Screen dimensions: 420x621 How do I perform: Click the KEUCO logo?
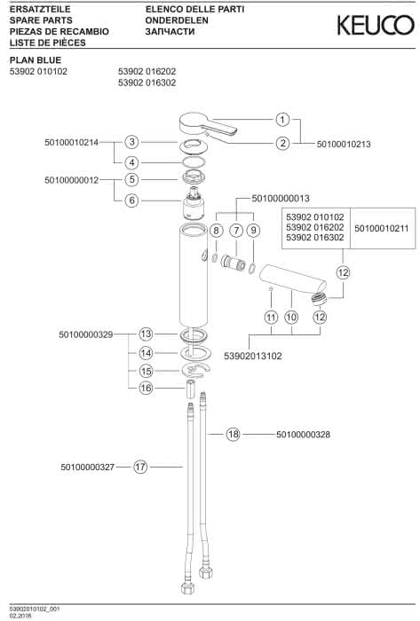coord(376,26)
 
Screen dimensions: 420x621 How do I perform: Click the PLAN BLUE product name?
coord(36,60)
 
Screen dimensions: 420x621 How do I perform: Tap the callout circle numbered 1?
coord(282,119)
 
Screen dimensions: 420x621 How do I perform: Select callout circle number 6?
coord(132,200)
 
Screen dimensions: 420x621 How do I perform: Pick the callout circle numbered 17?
coord(140,467)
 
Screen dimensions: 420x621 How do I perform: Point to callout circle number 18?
coord(234,434)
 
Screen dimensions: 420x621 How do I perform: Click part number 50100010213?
coord(344,144)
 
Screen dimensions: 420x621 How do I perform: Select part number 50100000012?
coord(71,180)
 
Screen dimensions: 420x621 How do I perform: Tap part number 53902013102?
coord(253,356)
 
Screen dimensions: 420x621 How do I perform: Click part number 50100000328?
coord(303,435)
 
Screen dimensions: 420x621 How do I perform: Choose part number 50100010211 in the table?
coord(381,229)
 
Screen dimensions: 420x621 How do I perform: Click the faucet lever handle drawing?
coord(207,125)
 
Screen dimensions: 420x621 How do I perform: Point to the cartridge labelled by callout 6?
coord(194,203)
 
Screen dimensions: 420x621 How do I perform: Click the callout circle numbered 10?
coord(291,317)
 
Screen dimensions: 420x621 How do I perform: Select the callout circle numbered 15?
coord(146,371)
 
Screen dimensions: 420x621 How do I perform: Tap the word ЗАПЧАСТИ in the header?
coord(170,32)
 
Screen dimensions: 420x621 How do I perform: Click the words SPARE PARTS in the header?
coord(41,20)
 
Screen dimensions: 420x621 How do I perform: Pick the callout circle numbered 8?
coord(217,231)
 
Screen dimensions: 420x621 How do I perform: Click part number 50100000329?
coord(86,334)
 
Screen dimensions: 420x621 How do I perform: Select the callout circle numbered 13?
coord(146,334)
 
